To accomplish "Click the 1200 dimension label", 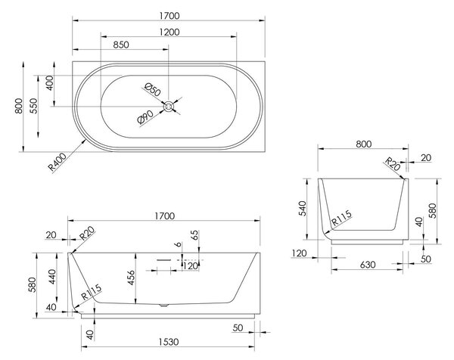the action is click(x=169, y=32).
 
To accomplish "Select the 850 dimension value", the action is click(x=121, y=45).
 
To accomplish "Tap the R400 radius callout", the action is click(x=58, y=162).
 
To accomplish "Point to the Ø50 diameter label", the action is click(x=153, y=89).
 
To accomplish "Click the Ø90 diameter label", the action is click(x=145, y=117).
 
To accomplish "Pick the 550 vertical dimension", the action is click(x=33, y=106).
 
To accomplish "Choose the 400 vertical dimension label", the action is click(x=49, y=83).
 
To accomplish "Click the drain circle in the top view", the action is click(x=168, y=107).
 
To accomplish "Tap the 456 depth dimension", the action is click(x=131, y=278).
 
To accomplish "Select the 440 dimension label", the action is click(x=51, y=277).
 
